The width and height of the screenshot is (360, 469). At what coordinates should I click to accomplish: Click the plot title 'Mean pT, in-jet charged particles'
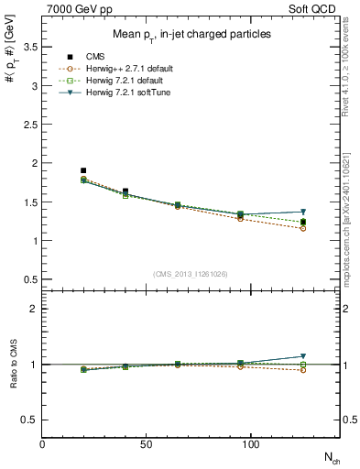click(x=191, y=34)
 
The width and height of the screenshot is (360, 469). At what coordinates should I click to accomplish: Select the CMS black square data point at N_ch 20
click(x=83, y=170)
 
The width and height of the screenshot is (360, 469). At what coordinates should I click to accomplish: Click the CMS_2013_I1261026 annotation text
click(x=191, y=273)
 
